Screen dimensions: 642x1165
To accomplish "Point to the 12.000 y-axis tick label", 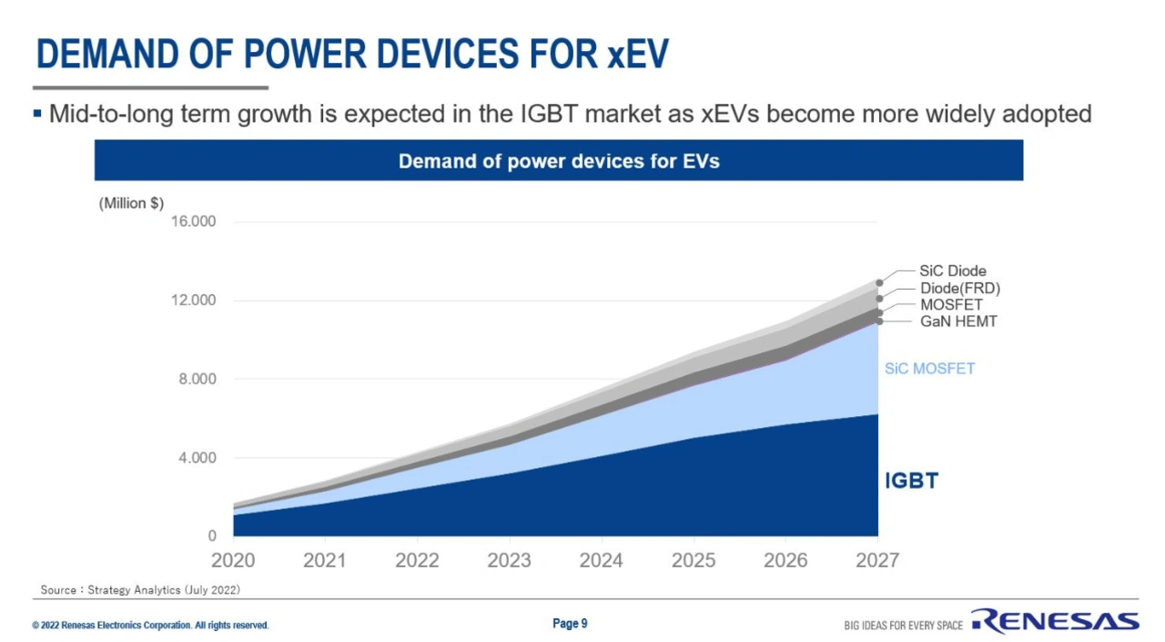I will point(194,301).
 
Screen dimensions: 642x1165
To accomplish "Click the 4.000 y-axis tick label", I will point(197,458).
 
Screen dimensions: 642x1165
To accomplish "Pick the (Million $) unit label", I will point(131,203).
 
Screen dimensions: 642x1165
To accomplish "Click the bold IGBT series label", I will point(911,482).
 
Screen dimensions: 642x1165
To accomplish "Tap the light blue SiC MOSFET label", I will point(929,369).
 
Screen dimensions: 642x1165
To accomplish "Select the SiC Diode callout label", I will point(952,271).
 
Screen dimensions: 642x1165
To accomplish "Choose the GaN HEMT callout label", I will point(957,321).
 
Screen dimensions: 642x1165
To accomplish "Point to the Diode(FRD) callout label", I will point(959,289).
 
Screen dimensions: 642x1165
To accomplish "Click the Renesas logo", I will point(1055,622).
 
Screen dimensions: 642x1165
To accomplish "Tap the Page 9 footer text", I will point(570,624).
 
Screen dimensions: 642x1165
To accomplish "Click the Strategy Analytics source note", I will point(140,590).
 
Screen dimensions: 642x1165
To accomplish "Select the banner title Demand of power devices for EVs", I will point(559,161).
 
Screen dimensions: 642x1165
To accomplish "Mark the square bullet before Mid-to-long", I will point(37,114).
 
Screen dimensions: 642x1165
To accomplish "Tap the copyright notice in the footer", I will point(150,626).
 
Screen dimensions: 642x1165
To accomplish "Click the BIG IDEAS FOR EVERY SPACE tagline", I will point(903,626).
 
